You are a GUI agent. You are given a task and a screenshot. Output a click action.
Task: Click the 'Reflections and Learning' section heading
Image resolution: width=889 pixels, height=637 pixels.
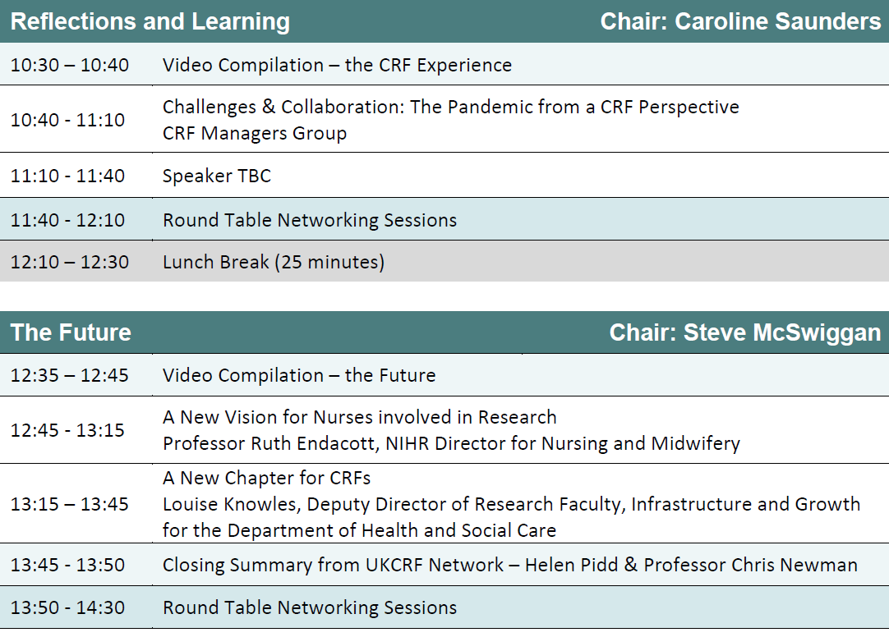[x=150, y=21]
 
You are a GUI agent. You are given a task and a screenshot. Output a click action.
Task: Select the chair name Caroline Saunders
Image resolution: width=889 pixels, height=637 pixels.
[x=778, y=21]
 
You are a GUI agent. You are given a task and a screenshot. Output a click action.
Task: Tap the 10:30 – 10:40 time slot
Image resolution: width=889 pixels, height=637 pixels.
[x=70, y=65]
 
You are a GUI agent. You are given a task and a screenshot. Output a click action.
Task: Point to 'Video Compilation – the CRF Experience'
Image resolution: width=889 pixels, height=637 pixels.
[x=338, y=65]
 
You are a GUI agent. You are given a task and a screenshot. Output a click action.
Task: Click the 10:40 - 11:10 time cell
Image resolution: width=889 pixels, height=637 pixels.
[x=67, y=120]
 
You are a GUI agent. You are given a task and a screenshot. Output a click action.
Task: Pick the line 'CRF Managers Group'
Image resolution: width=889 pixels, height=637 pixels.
[x=255, y=134]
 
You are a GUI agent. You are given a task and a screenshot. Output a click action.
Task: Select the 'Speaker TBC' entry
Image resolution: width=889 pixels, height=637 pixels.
[x=217, y=176]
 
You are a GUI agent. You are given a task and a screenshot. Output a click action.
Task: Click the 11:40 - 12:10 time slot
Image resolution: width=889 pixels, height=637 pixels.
[x=67, y=220]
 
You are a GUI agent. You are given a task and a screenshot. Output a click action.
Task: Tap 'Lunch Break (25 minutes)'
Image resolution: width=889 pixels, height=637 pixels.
[x=274, y=262]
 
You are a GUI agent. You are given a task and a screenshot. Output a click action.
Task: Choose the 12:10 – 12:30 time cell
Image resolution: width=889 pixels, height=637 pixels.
[x=70, y=262]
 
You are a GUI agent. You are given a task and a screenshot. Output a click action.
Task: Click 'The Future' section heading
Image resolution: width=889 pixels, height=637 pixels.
[x=71, y=332]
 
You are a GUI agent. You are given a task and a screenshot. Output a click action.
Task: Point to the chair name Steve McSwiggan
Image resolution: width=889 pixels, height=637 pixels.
[x=782, y=332]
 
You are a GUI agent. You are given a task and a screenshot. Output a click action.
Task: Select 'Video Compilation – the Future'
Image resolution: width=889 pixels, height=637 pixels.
[x=299, y=375]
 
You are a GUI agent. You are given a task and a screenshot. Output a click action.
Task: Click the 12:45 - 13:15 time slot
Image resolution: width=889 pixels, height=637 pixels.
[x=67, y=430]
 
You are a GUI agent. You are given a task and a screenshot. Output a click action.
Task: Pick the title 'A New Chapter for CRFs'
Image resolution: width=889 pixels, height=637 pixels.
[x=266, y=479]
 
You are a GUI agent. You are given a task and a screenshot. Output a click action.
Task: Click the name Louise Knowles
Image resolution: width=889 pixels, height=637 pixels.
[x=231, y=505]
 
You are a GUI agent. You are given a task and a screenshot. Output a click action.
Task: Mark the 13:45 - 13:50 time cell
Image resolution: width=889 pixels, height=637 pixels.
[x=67, y=565]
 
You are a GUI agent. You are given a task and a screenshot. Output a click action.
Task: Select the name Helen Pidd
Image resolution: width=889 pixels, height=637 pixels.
[x=572, y=565]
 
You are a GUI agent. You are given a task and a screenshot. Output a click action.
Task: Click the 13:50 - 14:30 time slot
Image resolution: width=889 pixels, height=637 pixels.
[x=67, y=607]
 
